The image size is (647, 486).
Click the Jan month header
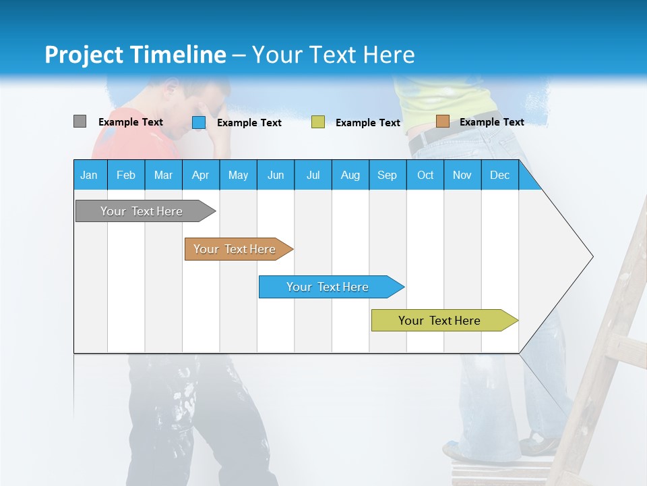coord(90,175)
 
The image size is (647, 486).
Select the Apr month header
coord(201,175)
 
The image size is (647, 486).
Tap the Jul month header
coord(313,175)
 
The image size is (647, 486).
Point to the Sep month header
coord(387,175)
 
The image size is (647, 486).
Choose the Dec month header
coord(499,175)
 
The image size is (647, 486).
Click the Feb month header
coord(126,175)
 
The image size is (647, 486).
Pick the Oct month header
coord(425,175)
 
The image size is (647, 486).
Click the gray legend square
coord(80,122)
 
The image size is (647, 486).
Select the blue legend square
coord(199,122)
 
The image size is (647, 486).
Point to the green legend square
coord(318,122)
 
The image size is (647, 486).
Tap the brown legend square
coord(442,122)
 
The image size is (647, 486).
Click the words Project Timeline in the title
coord(135,55)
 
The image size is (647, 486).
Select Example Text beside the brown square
coord(491,122)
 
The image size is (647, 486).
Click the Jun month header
coord(276,175)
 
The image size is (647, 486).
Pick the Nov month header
coord(462,175)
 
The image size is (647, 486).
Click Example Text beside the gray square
coord(131,122)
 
